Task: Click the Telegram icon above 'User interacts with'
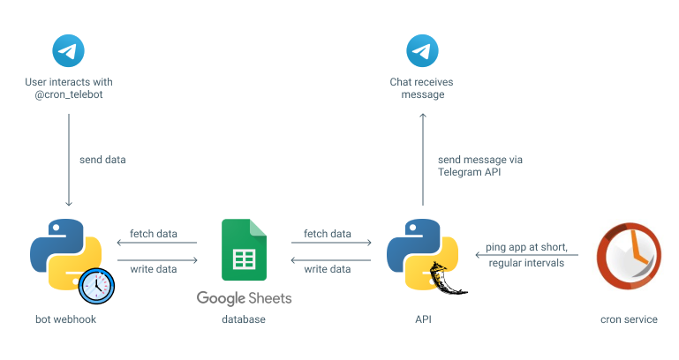[69, 50]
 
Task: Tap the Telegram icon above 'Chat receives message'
[423, 50]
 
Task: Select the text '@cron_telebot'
[69, 95]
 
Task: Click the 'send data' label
[102, 160]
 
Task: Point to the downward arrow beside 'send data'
[69, 159]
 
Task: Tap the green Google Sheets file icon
[244, 250]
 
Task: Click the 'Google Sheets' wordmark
[244, 298]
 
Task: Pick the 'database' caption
[244, 319]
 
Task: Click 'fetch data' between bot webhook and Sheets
[153, 234]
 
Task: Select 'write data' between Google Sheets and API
[327, 268]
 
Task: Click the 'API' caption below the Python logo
[422, 319]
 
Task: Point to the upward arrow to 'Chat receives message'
[423, 159]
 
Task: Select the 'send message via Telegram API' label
[479, 166]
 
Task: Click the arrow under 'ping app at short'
[526, 255]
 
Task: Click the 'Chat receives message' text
[422, 88]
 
